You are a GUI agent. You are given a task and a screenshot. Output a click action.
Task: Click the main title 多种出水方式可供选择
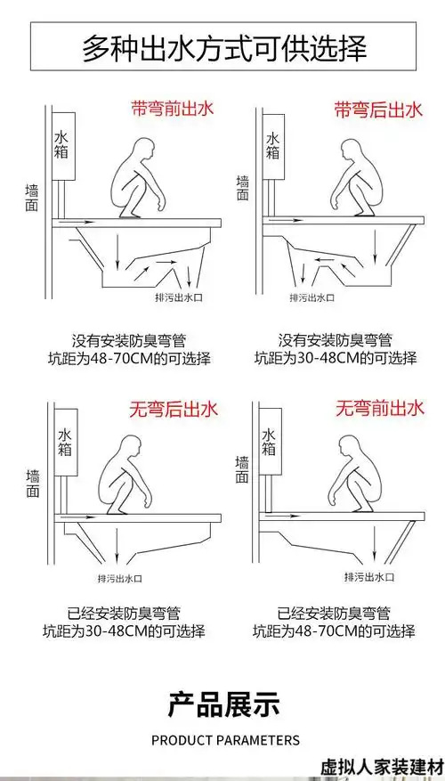tap(223, 46)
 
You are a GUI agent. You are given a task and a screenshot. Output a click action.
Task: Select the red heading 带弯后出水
tap(377, 110)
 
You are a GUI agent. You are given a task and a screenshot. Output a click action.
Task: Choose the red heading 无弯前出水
tap(377, 410)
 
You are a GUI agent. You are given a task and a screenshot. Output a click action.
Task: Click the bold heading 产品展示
tap(223, 704)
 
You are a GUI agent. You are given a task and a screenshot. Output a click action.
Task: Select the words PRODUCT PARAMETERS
tap(225, 740)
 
